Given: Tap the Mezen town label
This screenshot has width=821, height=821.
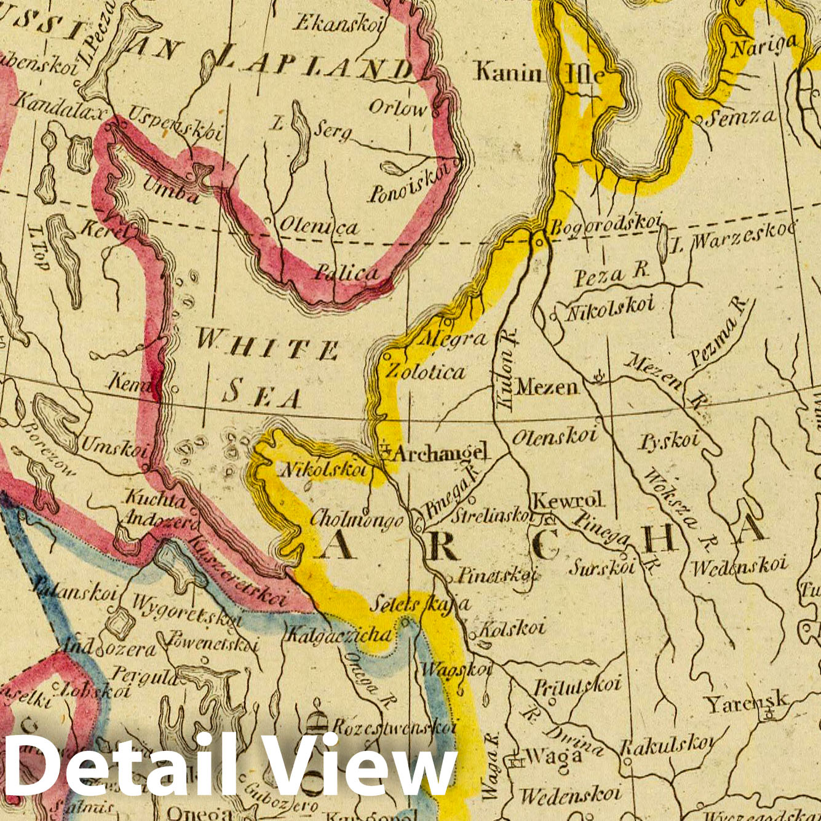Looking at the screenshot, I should (547, 387).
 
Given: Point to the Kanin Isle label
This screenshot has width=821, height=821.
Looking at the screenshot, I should (539, 74).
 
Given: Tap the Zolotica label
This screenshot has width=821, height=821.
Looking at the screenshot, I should (425, 372).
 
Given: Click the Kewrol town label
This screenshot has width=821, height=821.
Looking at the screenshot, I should (568, 501).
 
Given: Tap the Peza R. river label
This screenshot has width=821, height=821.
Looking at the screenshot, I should (612, 275).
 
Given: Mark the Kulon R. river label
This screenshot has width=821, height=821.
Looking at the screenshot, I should (507, 368).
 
